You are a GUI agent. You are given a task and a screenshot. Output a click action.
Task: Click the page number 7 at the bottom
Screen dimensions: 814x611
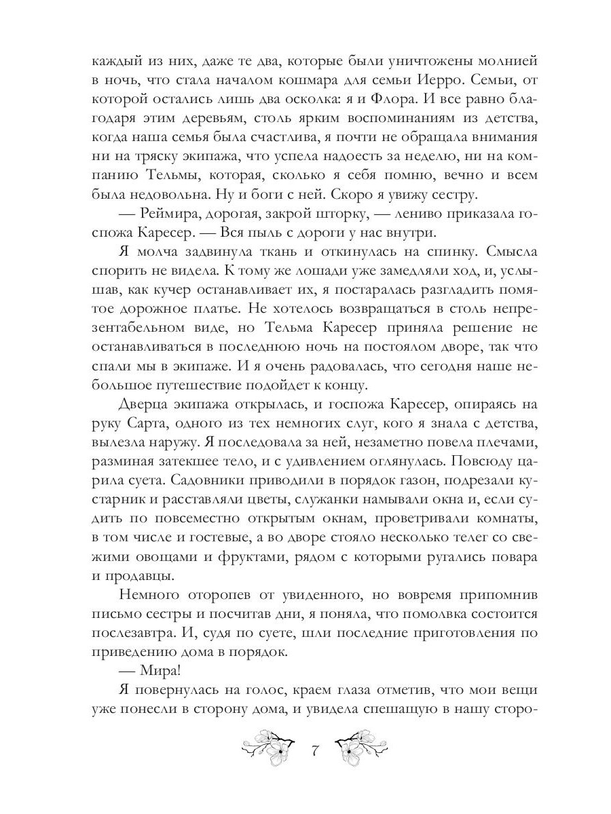pyautogui.click(x=314, y=751)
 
